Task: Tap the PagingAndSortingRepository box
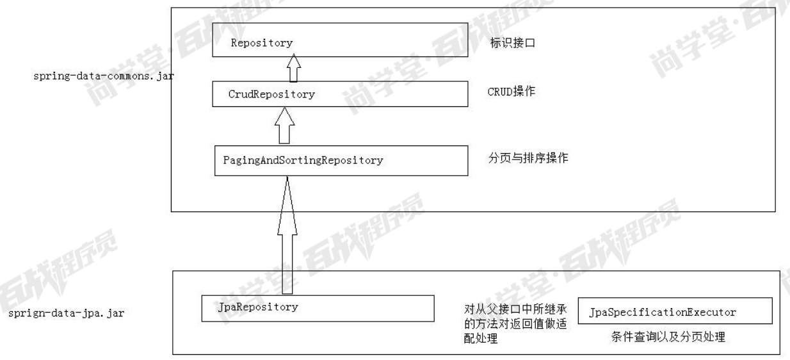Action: click(340, 161)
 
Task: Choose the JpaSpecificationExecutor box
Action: click(675, 312)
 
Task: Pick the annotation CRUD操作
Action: click(512, 92)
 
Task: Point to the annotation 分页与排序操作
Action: click(528, 157)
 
